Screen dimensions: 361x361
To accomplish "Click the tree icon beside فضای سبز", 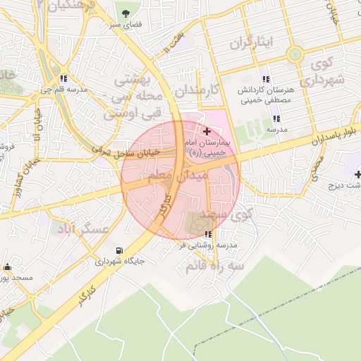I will click(127, 13).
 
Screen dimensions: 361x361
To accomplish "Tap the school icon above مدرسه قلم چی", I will click(64, 79).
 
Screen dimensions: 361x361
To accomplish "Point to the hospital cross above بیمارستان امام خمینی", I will click(207, 131).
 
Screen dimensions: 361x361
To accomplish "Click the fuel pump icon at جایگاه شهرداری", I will click(118, 250).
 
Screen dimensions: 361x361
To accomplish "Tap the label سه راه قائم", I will click(214, 267).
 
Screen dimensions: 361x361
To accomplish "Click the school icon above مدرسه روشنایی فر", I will click(207, 235).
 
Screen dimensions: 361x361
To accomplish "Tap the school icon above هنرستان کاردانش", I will click(265, 79).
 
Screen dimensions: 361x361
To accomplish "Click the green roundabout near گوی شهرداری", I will click(295, 54).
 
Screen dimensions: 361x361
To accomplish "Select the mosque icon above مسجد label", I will click(7, 267).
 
